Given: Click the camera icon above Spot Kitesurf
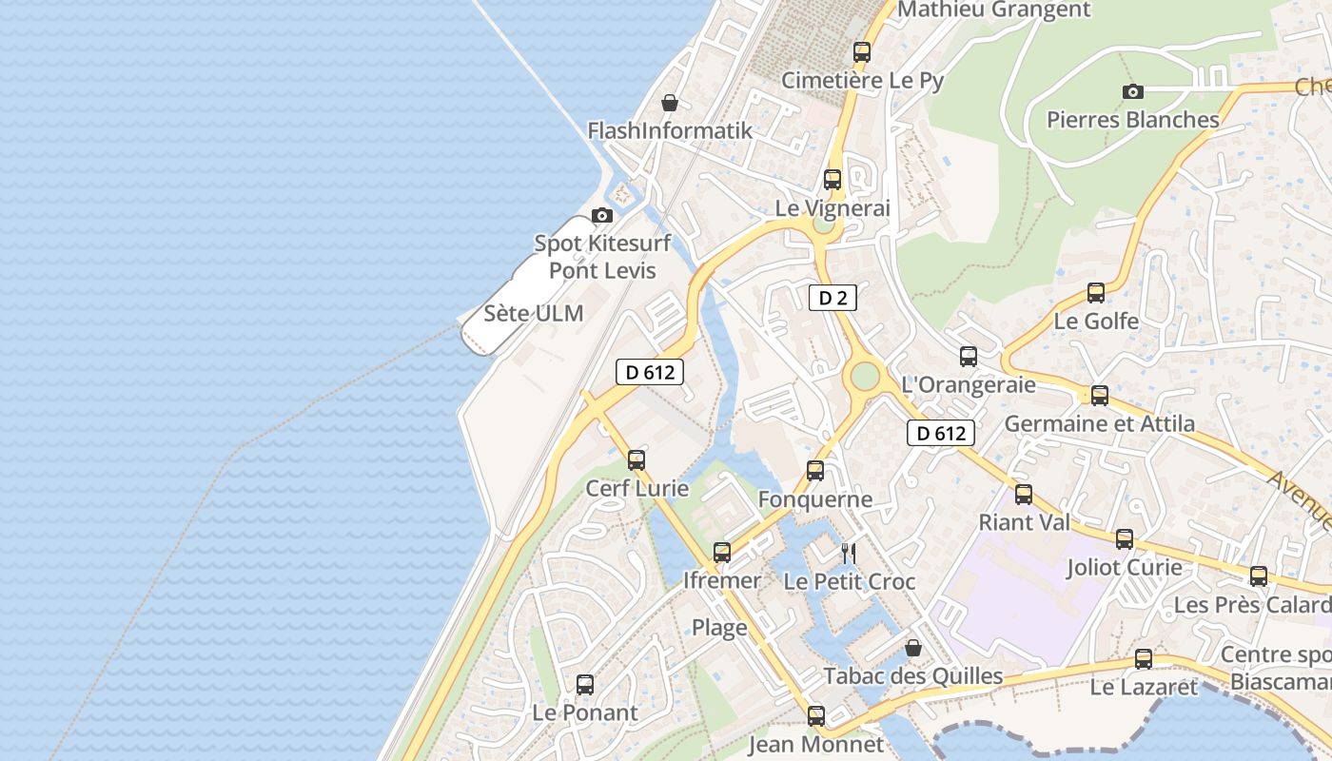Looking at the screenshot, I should (x=602, y=216).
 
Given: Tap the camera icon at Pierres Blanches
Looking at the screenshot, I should (x=1132, y=92).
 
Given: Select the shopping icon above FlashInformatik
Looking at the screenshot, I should (x=670, y=103).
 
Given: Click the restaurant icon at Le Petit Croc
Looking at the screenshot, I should (x=849, y=553).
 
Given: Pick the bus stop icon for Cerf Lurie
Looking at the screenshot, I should (x=637, y=460).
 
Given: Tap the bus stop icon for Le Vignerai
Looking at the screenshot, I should (x=832, y=180).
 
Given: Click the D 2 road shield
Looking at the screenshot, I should (x=832, y=298).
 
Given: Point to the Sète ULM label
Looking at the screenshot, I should (x=534, y=313).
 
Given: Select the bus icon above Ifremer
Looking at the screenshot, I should (x=722, y=552).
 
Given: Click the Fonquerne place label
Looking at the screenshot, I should (x=815, y=499).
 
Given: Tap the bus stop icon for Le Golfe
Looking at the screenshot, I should (x=1096, y=293).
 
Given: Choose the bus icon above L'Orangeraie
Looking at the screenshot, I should (x=969, y=357).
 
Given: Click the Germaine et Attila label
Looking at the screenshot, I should (x=1100, y=424).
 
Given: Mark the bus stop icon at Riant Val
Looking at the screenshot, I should (x=1024, y=495).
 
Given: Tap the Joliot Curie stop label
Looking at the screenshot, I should (x=1124, y=568).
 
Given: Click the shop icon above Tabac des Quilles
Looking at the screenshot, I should (x=913, y=649).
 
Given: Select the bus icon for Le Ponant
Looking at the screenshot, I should (x=585, y=684).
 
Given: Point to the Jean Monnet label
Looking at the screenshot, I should (x=815, y=744).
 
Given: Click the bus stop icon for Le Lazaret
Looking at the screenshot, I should (x=1144, y=659).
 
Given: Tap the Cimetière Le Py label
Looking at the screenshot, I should (x=862, y=81).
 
